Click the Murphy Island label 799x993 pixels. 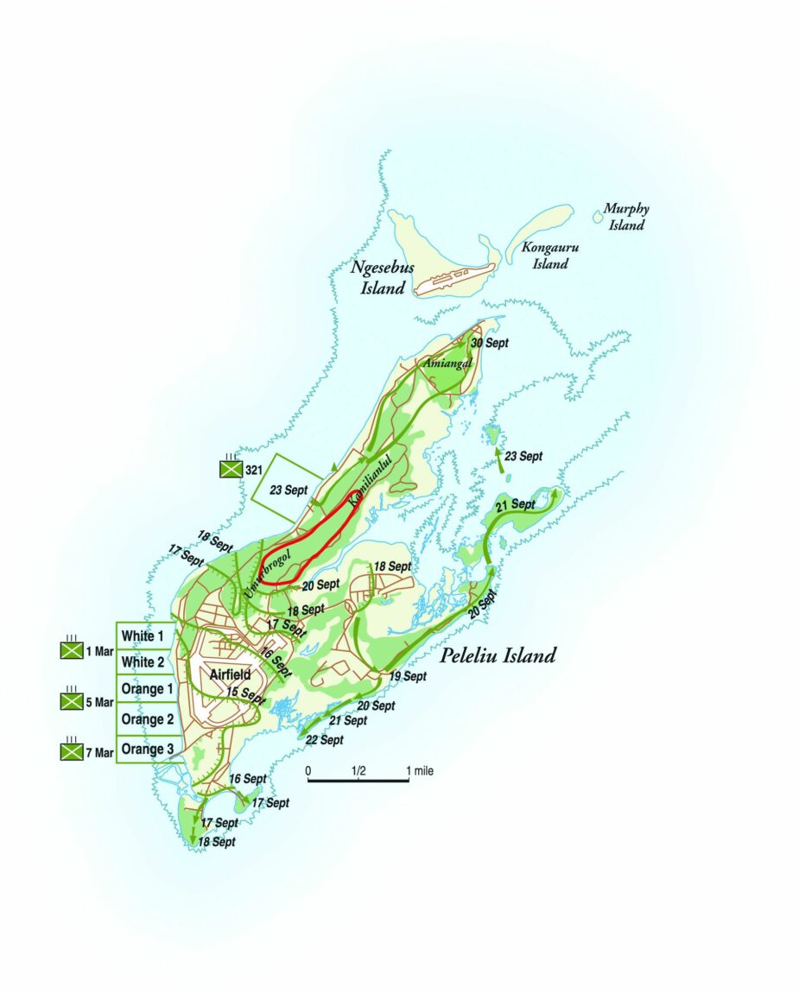click(625, 217)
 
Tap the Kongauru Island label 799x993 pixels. click(549, 256)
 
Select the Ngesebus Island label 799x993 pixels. click(383, 277)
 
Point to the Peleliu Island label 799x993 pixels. click(498, 655)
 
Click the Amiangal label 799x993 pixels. click(447, 364)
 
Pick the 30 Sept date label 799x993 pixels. click(489, 343)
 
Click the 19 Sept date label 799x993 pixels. click(408, 676)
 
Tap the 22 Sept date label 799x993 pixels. click(324, 740)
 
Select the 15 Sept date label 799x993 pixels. click(245, 693)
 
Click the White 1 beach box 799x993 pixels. click(143, 636)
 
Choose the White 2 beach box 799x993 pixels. click(143, 662)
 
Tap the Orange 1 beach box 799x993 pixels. click(147, 689)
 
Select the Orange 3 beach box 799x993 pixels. click(147, 749)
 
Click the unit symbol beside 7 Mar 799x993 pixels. click(70, 752)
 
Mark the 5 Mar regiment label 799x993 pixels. click(100, 702)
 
